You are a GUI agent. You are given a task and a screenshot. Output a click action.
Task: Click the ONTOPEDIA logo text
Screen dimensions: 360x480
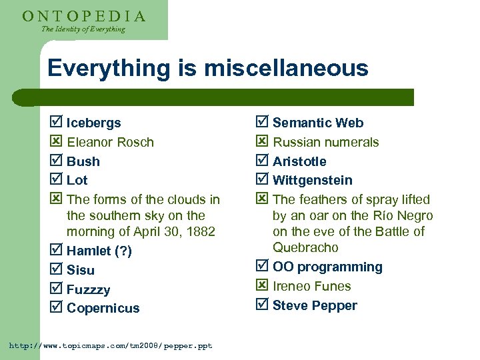click(84, 16)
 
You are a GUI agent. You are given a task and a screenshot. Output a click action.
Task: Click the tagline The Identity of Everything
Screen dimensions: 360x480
click(83, 29)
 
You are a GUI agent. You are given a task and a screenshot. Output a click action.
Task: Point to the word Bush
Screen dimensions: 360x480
click(83, 161)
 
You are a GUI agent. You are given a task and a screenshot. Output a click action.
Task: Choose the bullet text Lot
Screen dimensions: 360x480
click(77, 180)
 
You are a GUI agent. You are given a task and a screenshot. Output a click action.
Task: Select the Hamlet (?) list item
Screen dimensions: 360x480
click(99, 251)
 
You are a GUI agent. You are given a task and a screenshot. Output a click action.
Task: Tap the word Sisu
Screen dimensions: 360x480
click(81, 270)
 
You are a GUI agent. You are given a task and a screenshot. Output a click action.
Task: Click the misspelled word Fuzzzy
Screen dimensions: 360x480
click(89, 289)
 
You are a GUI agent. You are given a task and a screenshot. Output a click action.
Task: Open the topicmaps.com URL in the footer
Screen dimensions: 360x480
click(111, 345)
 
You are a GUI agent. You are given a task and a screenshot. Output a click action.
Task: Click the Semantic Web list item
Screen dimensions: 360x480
click(318, 123)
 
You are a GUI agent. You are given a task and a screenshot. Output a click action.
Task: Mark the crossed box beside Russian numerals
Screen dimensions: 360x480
click(262, 141)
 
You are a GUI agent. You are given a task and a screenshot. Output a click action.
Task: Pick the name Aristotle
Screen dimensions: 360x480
click(299, 161)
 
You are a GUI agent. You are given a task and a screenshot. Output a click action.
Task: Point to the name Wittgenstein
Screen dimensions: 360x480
click(313, 180)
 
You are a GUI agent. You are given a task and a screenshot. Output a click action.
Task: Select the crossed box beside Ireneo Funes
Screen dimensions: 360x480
click(262, 285)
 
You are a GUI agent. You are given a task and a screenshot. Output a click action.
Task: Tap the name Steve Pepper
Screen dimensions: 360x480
click(315, 305)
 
